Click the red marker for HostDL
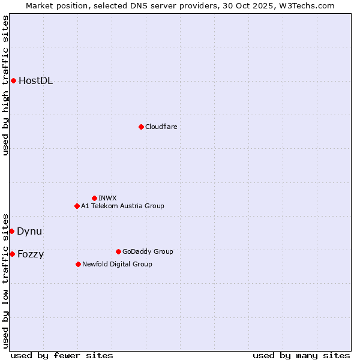tap(13, 80)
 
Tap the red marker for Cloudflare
tap(141, 127)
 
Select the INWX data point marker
tap(94, 198)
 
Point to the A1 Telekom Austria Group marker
tap(77, 206)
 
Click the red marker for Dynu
tap(11, 231)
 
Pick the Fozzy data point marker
tap(12, 254)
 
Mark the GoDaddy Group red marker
tap(118, 251)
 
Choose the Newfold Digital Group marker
tap(78, 264)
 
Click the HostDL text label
tap(35, 81)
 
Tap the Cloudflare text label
tap(161, 127)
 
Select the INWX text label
tap(107, 198)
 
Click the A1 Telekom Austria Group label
tap(122, 206)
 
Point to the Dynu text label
tap(29, 232)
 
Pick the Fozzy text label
tap(31, 254)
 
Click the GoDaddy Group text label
tap(148, 251)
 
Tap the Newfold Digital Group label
tap(117, 264)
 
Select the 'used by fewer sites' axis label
tap(62, 355)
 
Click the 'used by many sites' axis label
tap(301, 355)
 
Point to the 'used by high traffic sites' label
tap(6, 85)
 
